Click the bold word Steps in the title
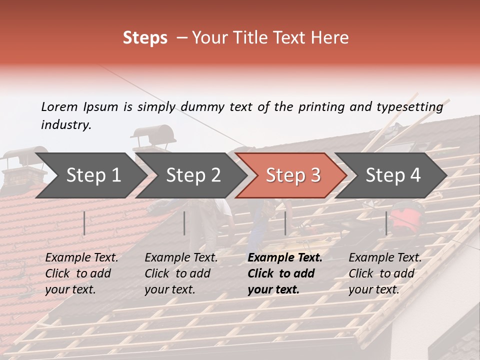click(145, 38)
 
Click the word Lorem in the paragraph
click(59, 106)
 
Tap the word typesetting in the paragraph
click(410, 106)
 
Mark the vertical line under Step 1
click(84, 223)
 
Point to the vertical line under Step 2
click(184, 223)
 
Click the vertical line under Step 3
click(285, 223)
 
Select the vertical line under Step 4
click(386, 223)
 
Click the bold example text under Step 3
click(285, 273)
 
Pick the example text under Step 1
click(81, 273)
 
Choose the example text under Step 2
click(181, 273)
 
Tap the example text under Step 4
click(385, 273)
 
